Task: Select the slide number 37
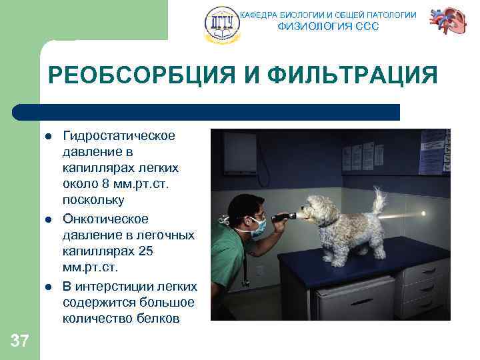[20, 342]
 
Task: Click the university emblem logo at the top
[221, 25]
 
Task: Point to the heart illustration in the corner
[447, 23]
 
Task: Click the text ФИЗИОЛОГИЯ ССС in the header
[327, 27]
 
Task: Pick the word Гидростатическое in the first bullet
[119, 136]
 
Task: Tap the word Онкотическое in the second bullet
[105, 219]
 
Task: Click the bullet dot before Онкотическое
[49, 219]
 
